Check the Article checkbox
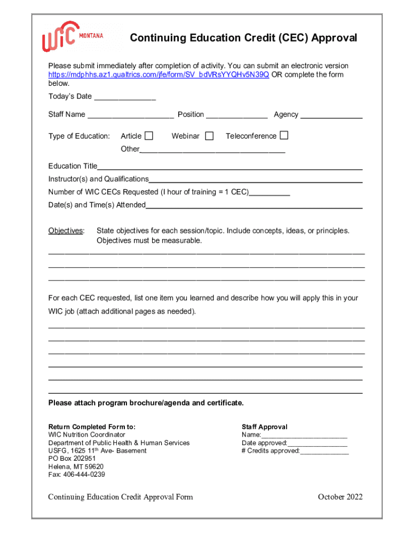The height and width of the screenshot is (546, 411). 149,135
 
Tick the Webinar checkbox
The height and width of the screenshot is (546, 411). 209,136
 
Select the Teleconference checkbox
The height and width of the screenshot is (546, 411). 284,135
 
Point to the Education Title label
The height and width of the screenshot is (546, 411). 73,166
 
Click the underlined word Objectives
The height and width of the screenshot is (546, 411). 66,231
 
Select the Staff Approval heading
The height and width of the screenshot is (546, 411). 264,427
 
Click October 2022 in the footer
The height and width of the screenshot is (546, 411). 340,497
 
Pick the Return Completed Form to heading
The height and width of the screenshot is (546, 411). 92,427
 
